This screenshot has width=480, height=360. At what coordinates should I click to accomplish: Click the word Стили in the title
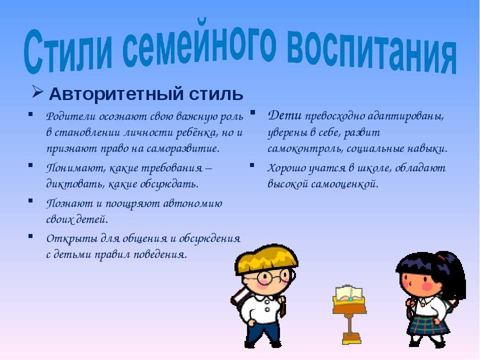click(68, 50)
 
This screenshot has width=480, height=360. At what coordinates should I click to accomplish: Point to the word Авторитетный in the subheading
click(116, 94)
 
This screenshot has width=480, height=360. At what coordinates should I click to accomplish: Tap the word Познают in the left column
click(69, 203)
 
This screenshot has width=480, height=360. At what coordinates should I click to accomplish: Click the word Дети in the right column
click(284, 115)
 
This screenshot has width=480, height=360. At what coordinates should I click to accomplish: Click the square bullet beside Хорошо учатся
click(252, 165)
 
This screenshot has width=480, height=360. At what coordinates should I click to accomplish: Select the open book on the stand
click(349, 293)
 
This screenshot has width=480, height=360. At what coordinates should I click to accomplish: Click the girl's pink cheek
click(426, 286)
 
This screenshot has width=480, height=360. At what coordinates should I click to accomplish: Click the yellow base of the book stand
click(351, 338)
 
